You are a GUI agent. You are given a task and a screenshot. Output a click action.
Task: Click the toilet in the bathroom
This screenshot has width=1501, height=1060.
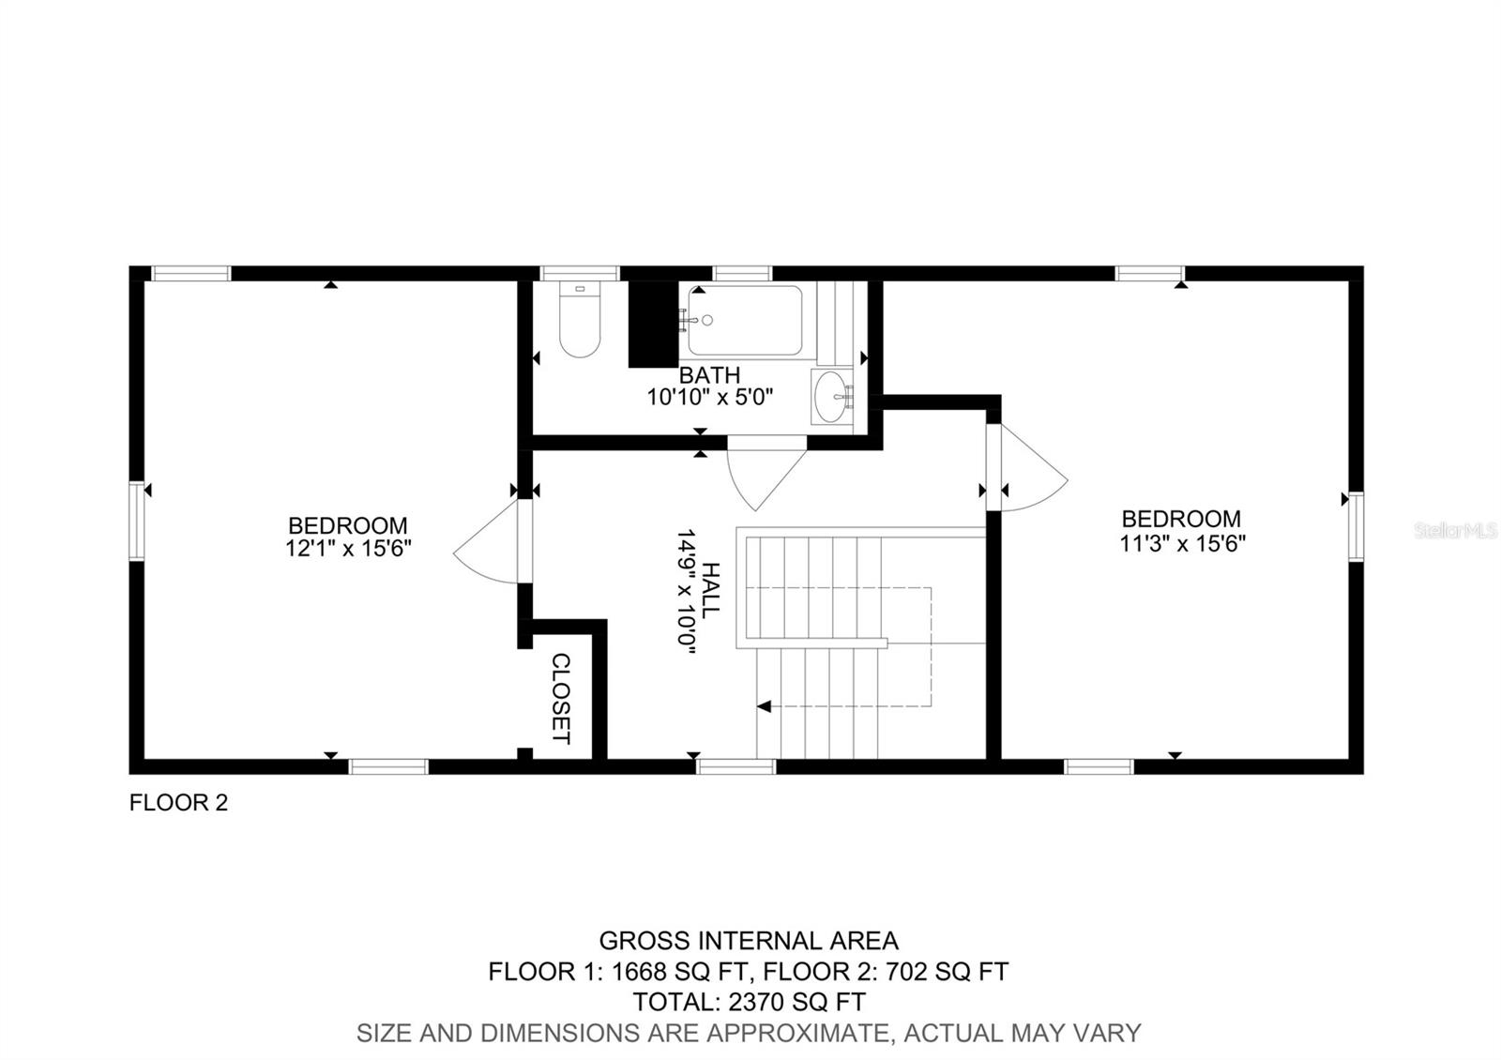tap(580, 324)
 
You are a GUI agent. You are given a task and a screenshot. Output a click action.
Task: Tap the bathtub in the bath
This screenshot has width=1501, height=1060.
tap(745, 321)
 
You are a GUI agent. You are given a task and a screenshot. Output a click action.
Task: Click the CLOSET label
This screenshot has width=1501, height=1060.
tap(560, 698)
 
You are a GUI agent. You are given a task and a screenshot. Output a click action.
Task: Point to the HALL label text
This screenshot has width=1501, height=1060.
tap(710, 590)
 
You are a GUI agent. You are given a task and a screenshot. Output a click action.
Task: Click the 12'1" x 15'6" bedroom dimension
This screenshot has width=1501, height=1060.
tap(349, 549)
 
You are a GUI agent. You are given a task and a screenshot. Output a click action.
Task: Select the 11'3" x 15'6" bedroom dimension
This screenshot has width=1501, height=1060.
tap(1182, 543)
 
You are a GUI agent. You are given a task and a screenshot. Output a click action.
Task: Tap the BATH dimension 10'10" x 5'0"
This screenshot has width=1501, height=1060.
tap(709, 397)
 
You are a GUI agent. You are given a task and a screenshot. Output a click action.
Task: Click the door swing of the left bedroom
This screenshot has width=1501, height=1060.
tap(488, 544)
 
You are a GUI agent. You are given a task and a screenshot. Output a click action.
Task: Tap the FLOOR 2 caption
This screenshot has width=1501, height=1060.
tap(178, 803)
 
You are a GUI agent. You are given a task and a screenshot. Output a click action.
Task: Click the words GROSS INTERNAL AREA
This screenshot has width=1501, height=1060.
tap(749, 941)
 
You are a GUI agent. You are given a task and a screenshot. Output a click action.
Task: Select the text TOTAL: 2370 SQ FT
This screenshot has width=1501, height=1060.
tap(749, 1002)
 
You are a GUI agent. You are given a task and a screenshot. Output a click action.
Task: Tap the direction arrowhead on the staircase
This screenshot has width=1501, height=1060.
tap(765, 705)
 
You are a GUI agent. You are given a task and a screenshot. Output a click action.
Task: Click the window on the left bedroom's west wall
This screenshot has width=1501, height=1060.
tap(137, 521)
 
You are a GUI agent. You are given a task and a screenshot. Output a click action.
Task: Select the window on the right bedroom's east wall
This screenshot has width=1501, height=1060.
tap(1356, 526)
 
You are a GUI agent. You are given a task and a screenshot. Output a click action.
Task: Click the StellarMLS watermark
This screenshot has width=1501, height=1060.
tap(1455, 531)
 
